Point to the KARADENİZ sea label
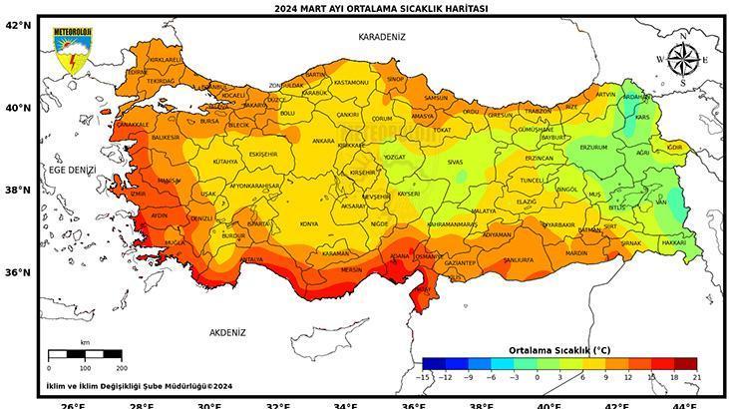(382, 36)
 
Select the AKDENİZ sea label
(227, 331)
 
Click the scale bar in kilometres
(85, 354)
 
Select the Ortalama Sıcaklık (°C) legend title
(559, 350)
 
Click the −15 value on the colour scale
(425, 376)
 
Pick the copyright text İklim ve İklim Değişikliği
(139, 385)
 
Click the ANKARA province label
(323, 141)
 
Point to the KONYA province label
(309, 223)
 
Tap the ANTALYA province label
(251, 259)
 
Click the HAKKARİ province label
(674, 242)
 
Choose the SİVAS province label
(455, 161)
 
